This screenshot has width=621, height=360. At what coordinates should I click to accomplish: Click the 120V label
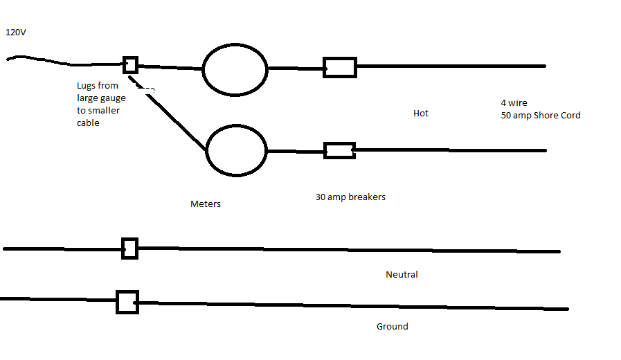click(x=16, y=33)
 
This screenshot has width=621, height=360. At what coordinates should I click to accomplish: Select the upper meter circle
click(x=202, y=69)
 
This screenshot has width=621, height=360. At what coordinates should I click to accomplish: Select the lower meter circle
click(x=206, y=150)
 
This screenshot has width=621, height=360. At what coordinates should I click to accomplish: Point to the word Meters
click(x=206, y=204)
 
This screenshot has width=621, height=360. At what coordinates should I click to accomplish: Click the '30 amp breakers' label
click(x=350, y=197)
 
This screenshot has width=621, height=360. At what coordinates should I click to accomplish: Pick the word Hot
click(x=421, y=114)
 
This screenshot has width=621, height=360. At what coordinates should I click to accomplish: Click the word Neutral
click(x=402, y=274)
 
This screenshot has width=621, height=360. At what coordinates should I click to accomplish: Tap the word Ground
click(x=392, y=326)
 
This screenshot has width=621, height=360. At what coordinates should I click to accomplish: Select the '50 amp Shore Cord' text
click(x=541, y=115)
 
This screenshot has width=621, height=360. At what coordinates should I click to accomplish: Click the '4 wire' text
click(x=514, y=103)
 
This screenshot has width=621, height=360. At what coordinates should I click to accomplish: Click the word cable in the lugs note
click(x=88, y=123)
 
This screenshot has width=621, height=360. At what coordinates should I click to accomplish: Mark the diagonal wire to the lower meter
click(x=168, y=114)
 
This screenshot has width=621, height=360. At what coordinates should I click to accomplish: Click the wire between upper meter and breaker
click(x=296, y=69)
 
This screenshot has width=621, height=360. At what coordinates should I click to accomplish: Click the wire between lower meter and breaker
click(x=296, y=152)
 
